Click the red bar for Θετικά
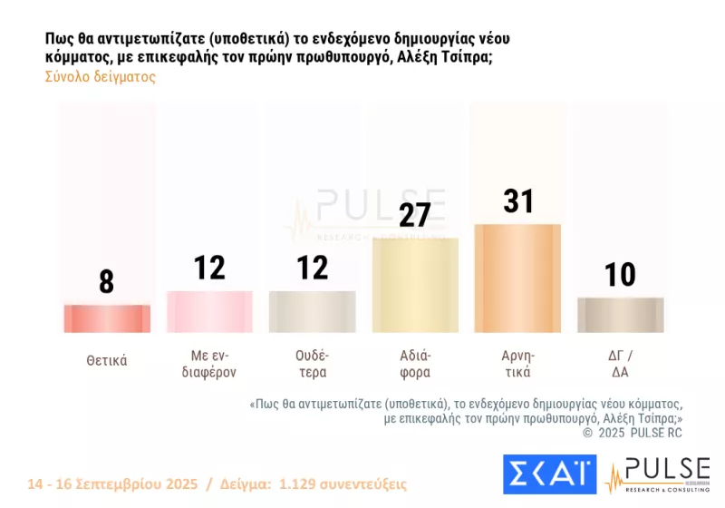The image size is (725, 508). click(107, 318)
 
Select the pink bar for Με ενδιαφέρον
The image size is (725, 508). click(209, 311)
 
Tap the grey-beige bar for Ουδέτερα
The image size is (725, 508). click(313, 311)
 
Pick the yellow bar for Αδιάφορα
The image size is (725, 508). click(415, 285)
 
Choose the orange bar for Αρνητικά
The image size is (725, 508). click(517, 278)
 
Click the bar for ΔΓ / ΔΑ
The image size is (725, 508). click(621, 315)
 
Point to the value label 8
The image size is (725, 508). click(107, 281)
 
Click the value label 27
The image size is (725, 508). click(415, 215)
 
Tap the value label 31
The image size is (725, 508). click(517, 201)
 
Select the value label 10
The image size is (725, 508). click(621, 274)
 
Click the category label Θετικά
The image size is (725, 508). click(107, 360)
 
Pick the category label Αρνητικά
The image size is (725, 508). click(517, 363)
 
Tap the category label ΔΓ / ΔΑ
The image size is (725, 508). click(621, 363)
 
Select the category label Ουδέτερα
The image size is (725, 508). click(313, 363)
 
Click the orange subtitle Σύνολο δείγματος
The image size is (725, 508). click(100, 77)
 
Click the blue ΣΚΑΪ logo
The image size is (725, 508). click(549, 474)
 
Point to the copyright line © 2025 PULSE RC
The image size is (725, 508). click(632, 433)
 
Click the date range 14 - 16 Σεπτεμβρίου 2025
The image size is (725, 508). click(114, 484)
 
